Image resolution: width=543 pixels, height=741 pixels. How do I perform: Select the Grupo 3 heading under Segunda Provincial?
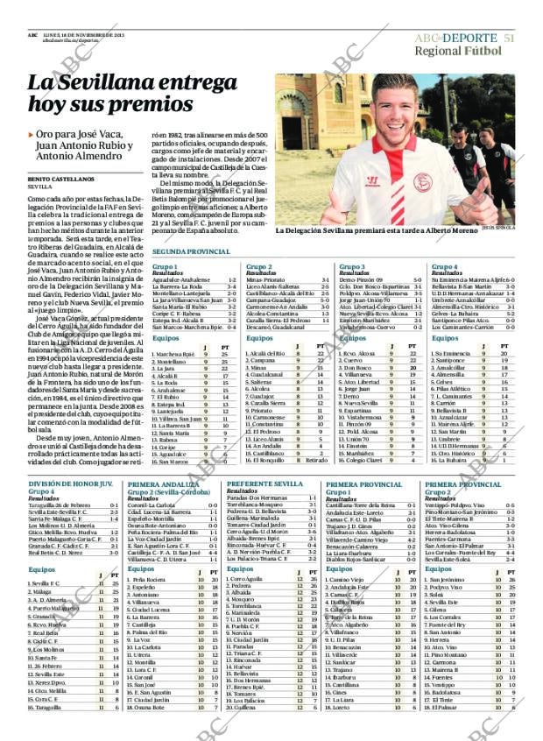(x=351, y=265)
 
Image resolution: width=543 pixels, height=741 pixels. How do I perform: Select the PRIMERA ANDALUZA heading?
(x=161, y=483)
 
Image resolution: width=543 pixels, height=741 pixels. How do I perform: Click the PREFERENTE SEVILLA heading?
(x=264, y=483)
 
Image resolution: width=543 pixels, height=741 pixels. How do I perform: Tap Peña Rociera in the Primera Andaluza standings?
(x=148, y=580)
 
